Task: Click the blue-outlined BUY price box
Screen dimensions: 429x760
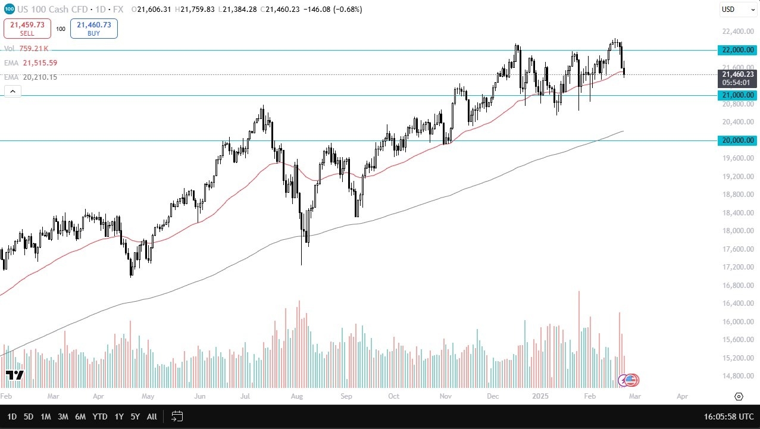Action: pos(93,29)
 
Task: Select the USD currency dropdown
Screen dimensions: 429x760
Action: pos(736,10)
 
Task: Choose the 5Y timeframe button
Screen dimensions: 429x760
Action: pos(136,417)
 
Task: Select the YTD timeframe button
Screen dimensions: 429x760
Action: pos(101,417)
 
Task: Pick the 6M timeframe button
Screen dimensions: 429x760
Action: pos(80,417)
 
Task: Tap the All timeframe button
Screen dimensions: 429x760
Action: pos(152,417)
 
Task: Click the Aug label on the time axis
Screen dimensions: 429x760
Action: pos(298,396)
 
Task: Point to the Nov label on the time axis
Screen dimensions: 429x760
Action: pos(446,396)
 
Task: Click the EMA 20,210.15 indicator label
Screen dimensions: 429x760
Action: pos(30,77)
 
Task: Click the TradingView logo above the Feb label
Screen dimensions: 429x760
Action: pos(14,375)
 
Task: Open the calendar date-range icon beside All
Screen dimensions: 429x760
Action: pos(177,417)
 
